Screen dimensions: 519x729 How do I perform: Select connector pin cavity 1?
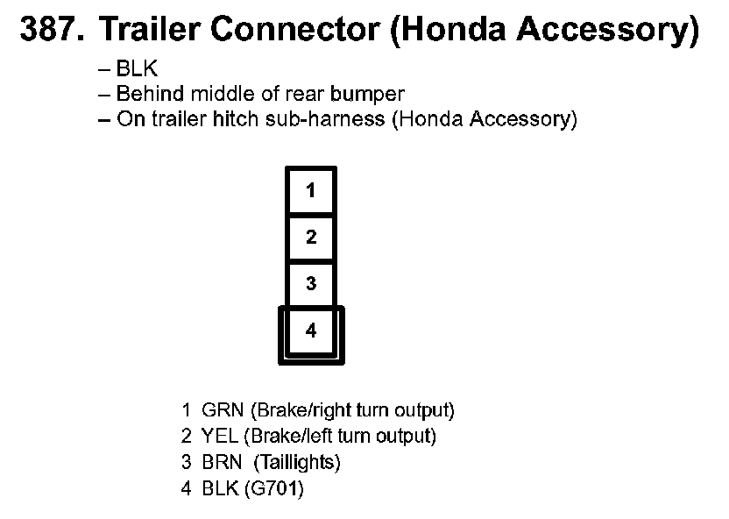pyautogui.click(x=311, y=190)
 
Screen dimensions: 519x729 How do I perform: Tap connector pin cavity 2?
pyautogui.click(x=311, y=237)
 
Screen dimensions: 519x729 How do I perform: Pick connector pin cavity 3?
pyautogui.click(x=311, y=284)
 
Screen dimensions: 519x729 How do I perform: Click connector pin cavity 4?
pyautogui.click(x=311, y=331)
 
